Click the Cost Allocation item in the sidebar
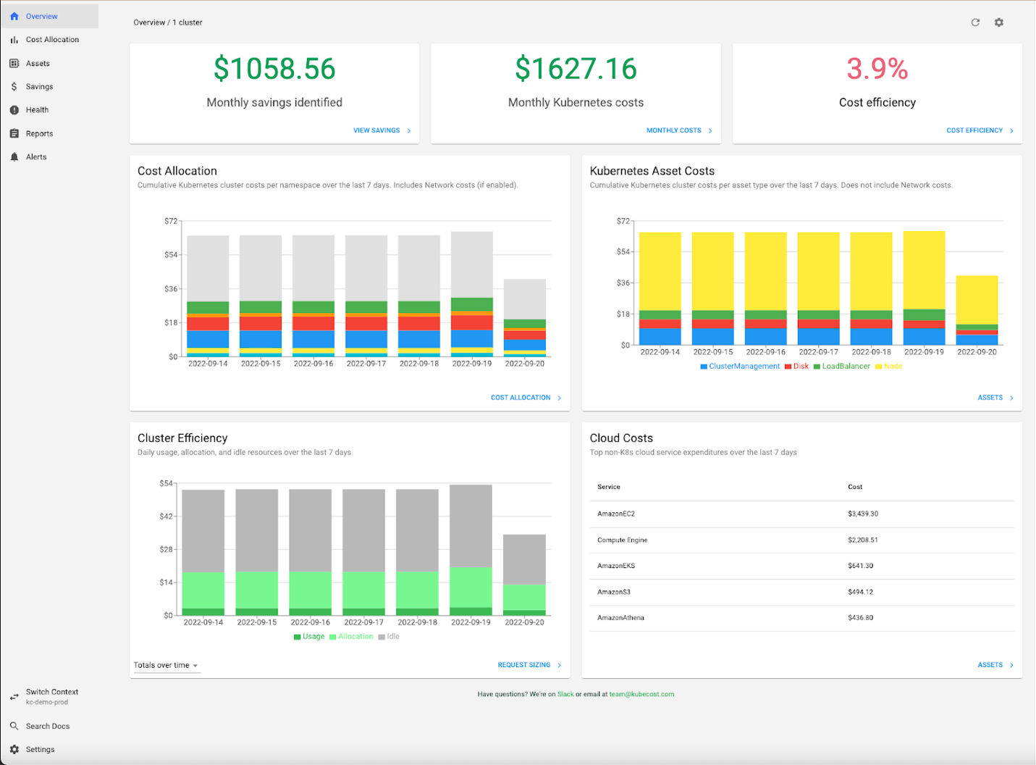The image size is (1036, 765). point(52,40)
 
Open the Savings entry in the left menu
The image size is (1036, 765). point(39,87)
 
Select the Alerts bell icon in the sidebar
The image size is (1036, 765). point(14,157)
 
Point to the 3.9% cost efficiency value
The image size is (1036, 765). point(877,70)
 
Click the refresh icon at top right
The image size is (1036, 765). point(975,22)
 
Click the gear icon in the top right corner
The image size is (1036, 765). point(999,22)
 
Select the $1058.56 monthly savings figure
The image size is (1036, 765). point(274,70)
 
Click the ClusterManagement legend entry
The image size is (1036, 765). point(744,367)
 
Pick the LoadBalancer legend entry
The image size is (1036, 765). point(845,367)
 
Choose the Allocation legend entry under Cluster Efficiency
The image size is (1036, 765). point(355,637)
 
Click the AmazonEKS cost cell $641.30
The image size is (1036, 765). point(860,566)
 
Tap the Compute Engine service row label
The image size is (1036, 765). point(622,540)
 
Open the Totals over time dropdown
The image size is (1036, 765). point(166,665)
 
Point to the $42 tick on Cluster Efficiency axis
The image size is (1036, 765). point(166,517)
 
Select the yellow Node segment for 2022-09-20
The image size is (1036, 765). point(977,300)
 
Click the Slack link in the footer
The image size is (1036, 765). point(565,694)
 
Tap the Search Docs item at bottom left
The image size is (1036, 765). point(48,726)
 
